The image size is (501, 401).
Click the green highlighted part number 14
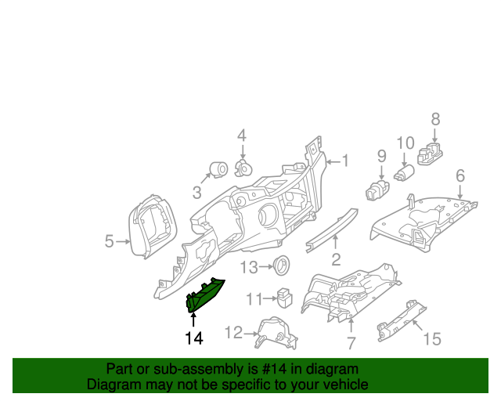pyautogui.click(x=204, y=295)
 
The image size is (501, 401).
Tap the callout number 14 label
pyautogui.click(x=193, y=338)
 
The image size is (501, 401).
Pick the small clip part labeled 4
pyautogui.click(x=243, y=168)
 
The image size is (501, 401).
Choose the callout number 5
pyautogui.click(x=109, y=242)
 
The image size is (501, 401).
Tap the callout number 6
pyautogui.click(x=460, y=175)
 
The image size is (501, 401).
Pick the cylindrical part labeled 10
pyautogui.click(x=405, y=172)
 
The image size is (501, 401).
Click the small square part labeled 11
pyautogui.click(x=284, y=298)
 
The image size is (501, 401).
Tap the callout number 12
pyautogui.click(x=233, y=333)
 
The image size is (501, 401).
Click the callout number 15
pyautogui.click(x=432, y=338)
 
